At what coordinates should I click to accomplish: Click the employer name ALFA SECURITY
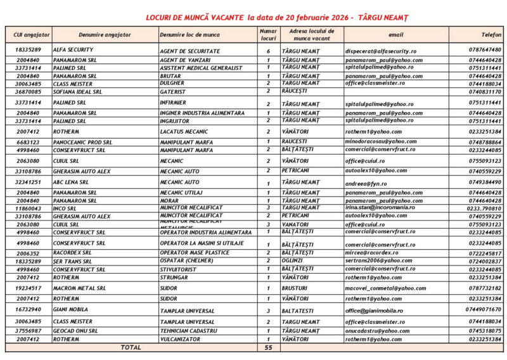[x=73, y=49]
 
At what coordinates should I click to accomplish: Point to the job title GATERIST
[x=172, y=91]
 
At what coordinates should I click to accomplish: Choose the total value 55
[x=268, y=348]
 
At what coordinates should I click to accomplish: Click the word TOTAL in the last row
[x=131, y=347]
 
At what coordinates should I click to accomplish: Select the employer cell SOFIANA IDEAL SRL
[x=78, y=91]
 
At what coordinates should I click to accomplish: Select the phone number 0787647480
[x=485, y=49]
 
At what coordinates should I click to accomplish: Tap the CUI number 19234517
[x=28, y=288]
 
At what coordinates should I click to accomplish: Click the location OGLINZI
[x=295, y=260]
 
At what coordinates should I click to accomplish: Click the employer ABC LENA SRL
[x=71, y=182]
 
